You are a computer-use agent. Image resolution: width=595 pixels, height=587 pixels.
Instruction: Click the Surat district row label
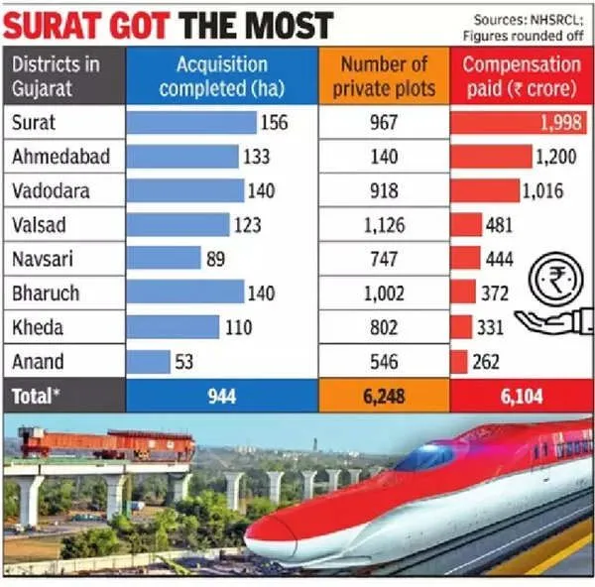pos(34,123)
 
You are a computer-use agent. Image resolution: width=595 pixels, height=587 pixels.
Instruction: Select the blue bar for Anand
pos(149,362)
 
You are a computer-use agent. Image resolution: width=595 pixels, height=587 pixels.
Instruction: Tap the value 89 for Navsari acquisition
pos(212,259)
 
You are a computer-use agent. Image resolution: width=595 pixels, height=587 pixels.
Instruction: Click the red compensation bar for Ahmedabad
pos(490,157)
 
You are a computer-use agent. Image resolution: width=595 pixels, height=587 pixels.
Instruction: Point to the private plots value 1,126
pos(384,225)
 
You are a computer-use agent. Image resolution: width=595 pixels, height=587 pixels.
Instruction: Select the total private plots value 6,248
pos(383,396)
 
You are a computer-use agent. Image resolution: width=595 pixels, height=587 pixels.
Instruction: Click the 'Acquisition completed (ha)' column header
pos(223,76)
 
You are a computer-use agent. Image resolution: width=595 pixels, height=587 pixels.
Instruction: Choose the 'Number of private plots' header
pos(384,76)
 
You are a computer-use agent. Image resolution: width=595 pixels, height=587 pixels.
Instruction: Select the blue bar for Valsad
pos(178,225)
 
